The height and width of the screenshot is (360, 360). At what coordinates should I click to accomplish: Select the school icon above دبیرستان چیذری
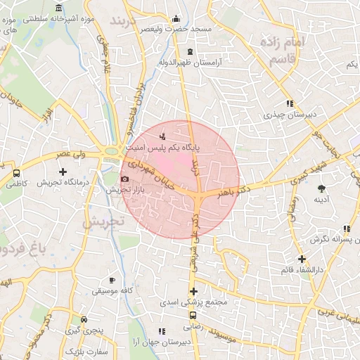pyautogui.click(x=289, y=103)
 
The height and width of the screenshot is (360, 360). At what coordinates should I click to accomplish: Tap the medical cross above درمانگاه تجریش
pyautogui.click(x=63, y=172)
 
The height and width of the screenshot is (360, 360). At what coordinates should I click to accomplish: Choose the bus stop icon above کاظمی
pyautogui.click(x=16, y=173)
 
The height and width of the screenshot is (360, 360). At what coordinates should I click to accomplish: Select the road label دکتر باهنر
pyautogui.click(x=234, y=192)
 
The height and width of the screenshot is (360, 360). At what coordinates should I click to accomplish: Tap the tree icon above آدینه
pyautogui.click(x=321, y=188)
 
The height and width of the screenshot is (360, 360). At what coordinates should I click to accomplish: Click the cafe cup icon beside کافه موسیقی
pyautogui.click(x=111, y=280)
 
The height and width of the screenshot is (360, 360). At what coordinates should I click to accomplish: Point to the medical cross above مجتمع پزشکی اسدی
pyautogui.click(x=194, y=292)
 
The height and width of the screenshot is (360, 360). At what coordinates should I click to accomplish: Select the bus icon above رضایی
pyautogui.click(x=193, y=316)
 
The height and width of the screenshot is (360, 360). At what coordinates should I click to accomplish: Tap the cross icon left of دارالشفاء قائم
pyautogui.click(x=301, y=259)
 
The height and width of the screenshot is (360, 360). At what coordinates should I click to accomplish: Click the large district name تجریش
pyautogui.click(x=103, y=221)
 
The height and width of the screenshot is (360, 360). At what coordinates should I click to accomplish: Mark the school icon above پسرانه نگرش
pyautogui.click(x=347, y=229)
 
